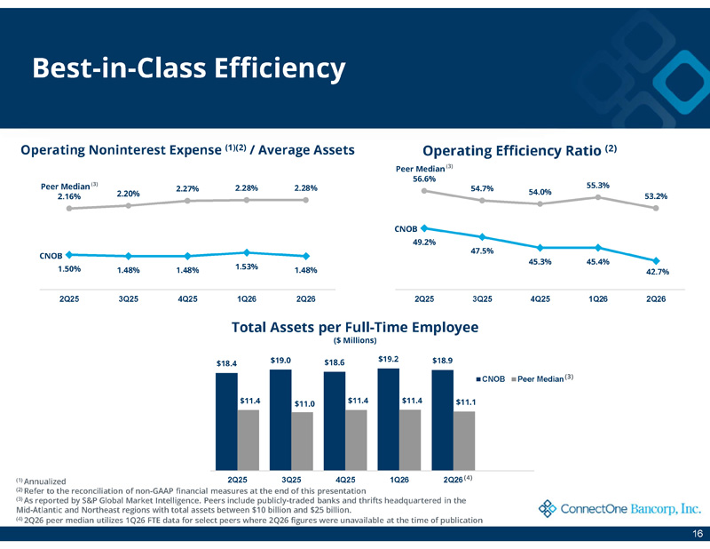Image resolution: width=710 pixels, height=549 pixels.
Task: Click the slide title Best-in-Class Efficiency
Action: pos(189,69)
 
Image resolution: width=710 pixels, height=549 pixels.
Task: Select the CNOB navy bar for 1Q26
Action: pos(389,419)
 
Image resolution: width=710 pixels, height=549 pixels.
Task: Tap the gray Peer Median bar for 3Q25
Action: pos(302,442)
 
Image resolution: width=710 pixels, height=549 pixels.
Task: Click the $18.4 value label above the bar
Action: pos(226,363)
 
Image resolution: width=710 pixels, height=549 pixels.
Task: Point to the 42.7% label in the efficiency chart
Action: pos(658,272)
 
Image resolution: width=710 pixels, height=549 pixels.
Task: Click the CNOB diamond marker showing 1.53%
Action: pos(247,252)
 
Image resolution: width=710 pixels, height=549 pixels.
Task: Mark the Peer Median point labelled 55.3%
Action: pos(598,197)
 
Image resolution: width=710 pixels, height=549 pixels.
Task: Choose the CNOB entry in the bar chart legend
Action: pos(491,379)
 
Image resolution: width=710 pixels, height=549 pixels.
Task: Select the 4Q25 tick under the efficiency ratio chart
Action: pos(540,299)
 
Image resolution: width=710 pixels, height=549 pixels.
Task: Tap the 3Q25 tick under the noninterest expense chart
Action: pos(129,299)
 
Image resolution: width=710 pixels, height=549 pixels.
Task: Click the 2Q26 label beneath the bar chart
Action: pos(453,480)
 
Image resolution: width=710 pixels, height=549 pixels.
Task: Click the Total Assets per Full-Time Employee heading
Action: pos(355,327)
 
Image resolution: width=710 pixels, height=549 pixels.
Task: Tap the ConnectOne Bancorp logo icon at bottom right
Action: pos(548,509)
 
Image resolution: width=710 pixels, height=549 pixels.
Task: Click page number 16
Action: pos(698,534)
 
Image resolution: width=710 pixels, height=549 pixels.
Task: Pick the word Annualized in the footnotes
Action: pos(45,481)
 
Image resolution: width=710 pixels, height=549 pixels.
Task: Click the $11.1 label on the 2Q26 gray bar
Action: pos(465,402)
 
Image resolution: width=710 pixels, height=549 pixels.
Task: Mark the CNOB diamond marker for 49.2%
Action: pos(424,228)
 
